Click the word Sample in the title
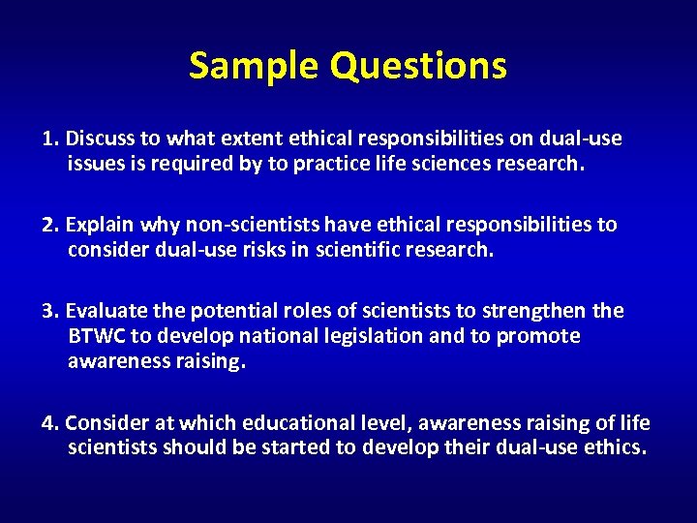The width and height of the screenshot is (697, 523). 254,66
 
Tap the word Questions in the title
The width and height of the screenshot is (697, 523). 418,66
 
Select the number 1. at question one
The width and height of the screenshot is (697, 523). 51,138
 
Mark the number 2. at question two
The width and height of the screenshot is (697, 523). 51,225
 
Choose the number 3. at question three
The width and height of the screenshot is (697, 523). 51,311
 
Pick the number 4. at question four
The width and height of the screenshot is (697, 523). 51,423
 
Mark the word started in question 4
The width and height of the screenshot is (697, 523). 318,447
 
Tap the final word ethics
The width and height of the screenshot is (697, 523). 615,447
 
